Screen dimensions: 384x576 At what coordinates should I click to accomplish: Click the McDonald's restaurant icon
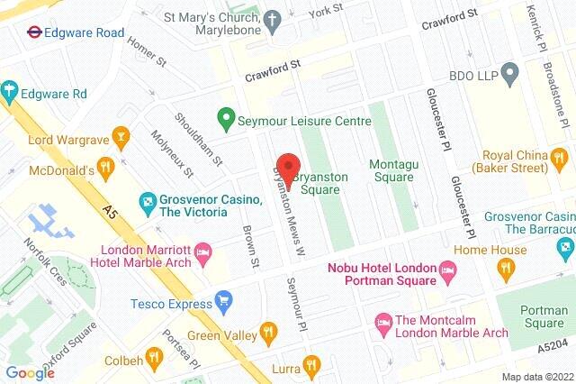pyautogui.click(x=106, y=168)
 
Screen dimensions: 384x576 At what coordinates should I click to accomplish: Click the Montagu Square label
pyautogui.click(x=392, y=170)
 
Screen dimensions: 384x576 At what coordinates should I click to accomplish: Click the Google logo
pyautogui.click(x=30, y=372)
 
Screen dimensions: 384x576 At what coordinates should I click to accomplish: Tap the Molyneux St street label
pyautogui.click(x=170, y=154)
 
